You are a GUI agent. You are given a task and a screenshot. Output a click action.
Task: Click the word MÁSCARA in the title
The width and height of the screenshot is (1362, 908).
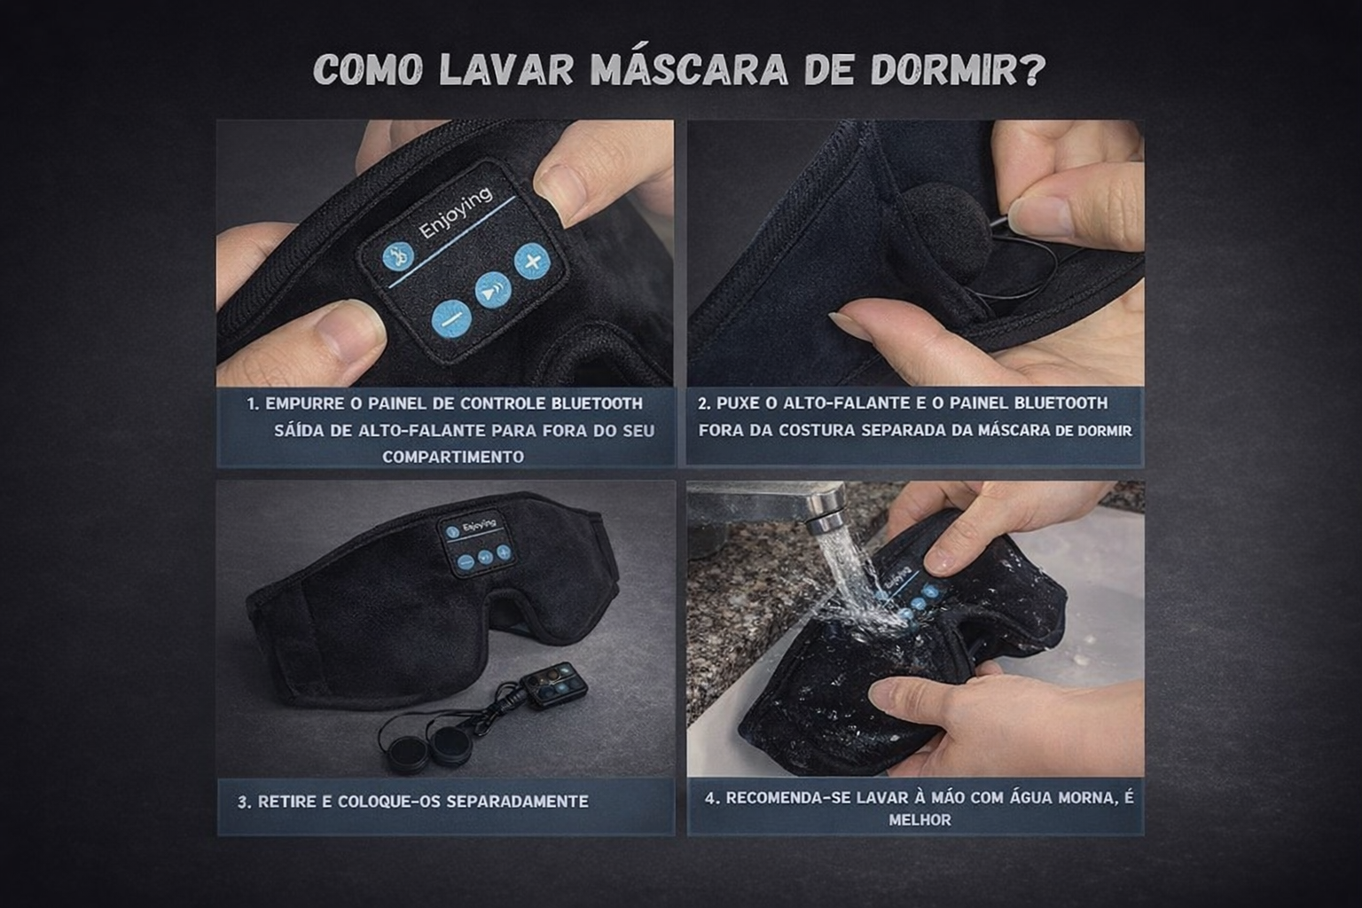click(x=689, y=69)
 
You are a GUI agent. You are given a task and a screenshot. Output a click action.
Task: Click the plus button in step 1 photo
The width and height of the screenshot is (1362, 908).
click(x=532, y=261)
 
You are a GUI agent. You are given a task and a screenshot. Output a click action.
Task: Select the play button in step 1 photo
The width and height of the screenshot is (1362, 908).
click(x=492, y=291)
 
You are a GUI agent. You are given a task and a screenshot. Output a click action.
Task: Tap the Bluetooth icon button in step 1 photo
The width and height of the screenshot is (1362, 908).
click(x=398, y=256)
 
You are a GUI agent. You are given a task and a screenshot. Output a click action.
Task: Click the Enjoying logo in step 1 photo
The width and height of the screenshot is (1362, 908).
click(x=456, y=212)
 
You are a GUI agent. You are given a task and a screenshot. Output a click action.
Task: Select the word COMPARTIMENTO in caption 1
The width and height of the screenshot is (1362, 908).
click(x=453, y=457)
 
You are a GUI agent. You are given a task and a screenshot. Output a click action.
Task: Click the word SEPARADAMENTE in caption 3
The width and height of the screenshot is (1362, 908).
click(x=518, y=802)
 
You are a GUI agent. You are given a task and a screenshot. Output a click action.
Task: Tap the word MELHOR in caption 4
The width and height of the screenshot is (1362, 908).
click(x=920, y=820)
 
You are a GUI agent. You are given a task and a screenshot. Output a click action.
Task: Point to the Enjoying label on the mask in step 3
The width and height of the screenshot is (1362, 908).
click(x=479, y=525)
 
